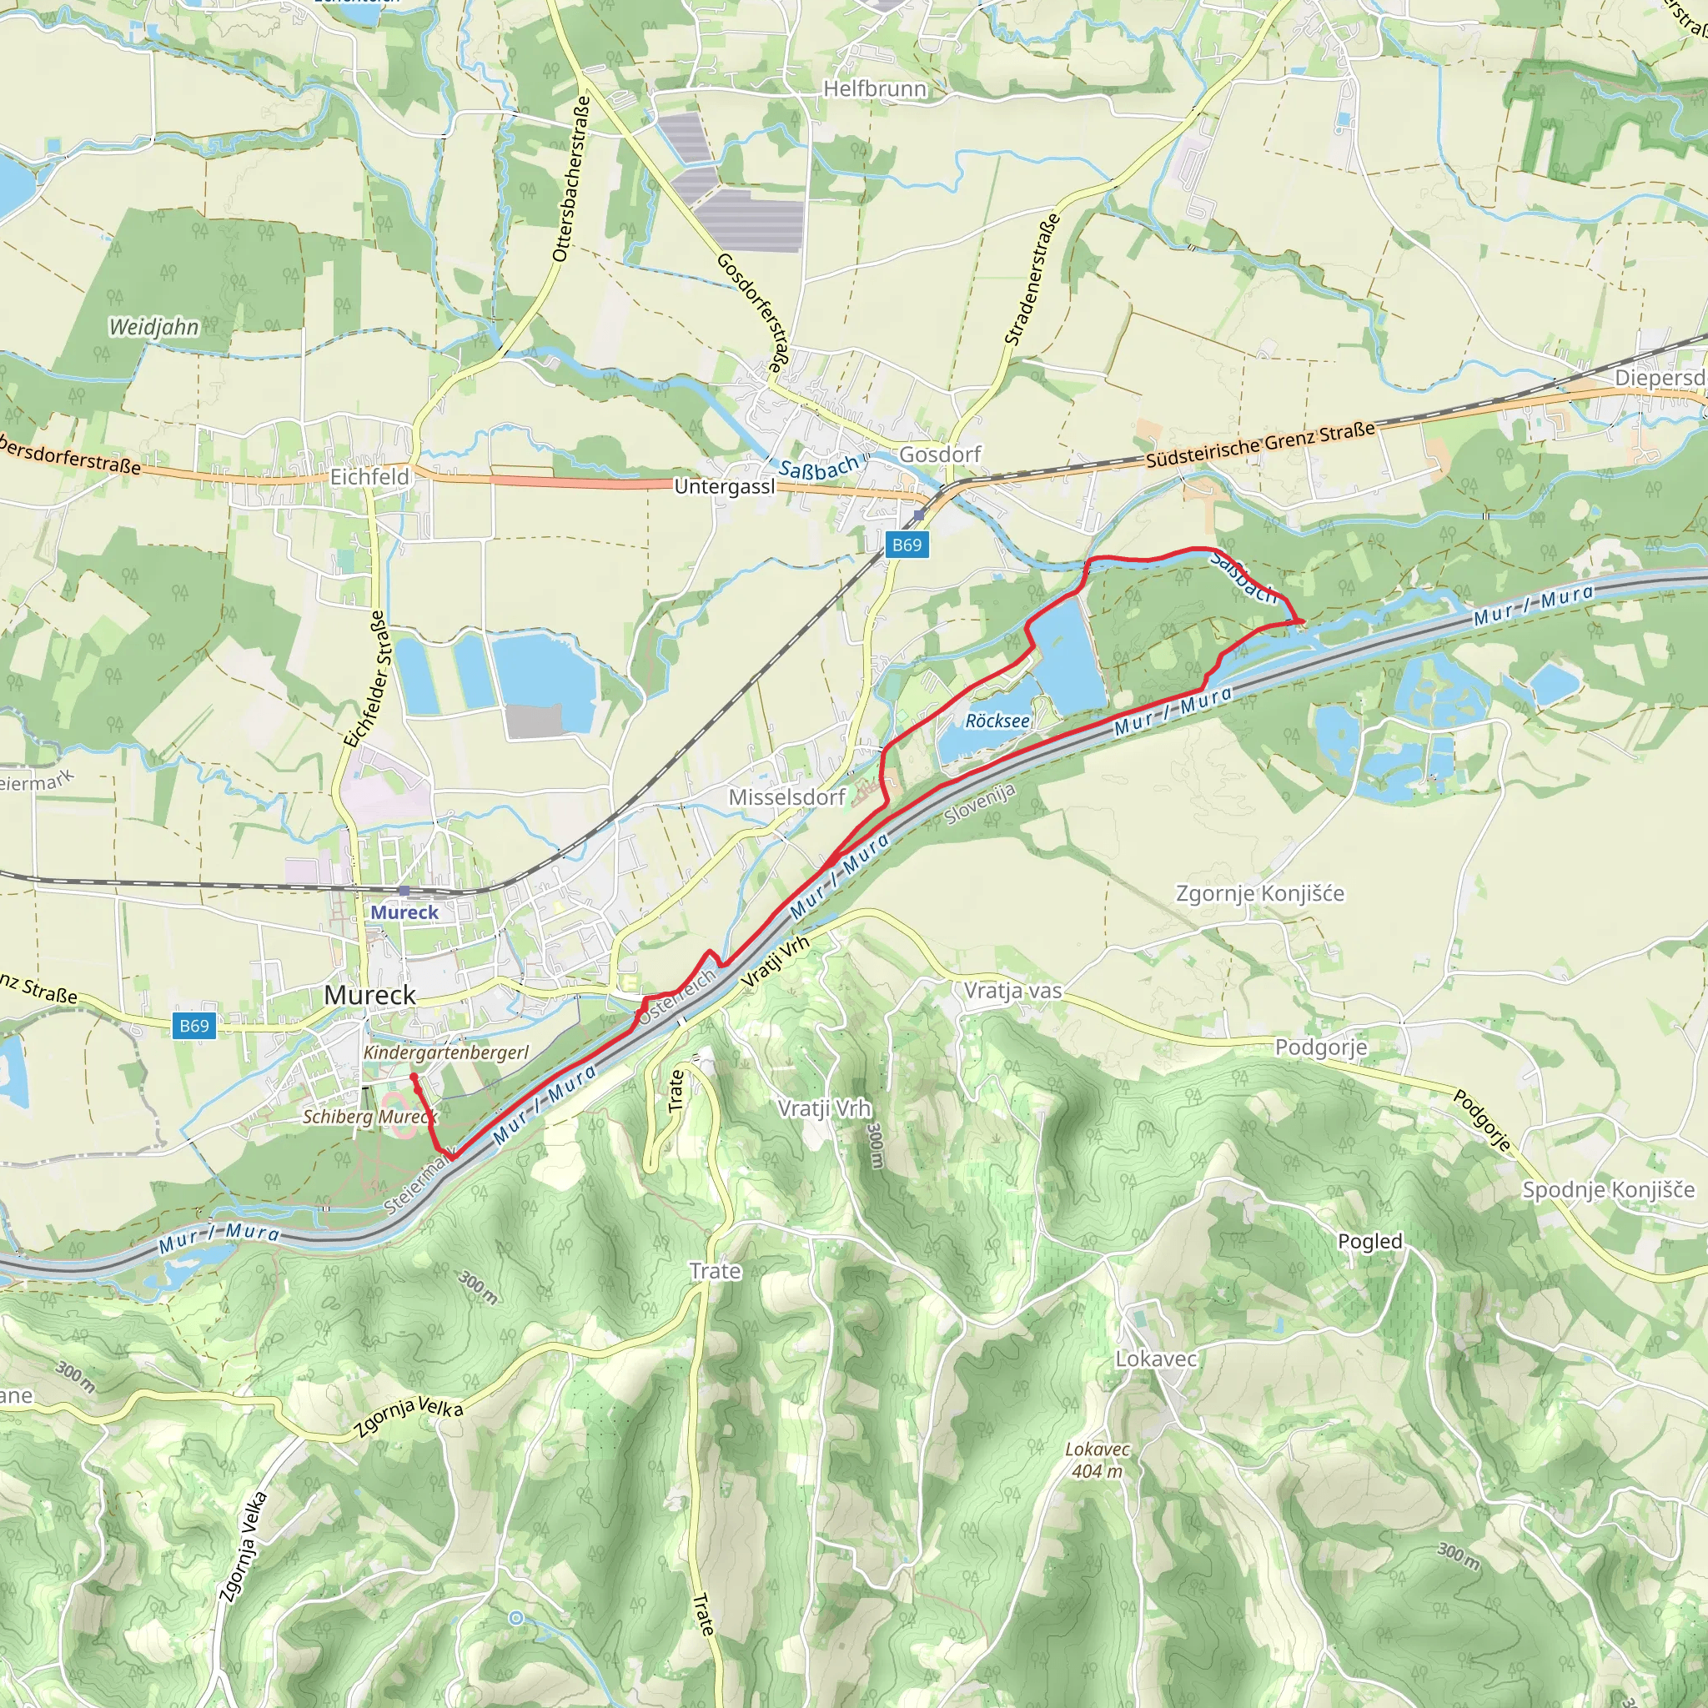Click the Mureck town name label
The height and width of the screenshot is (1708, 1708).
(x=369, y=995)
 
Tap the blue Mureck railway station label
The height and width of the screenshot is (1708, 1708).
(x=404, y=912)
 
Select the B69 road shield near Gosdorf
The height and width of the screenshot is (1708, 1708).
(x=907, y=545)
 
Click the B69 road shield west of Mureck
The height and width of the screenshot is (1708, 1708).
(x=193, y=1026)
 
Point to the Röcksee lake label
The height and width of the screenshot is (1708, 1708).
(x=997, y=721)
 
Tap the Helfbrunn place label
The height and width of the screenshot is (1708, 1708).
(x=874, y=88)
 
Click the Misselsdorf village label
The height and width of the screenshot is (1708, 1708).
(x=786, y=797)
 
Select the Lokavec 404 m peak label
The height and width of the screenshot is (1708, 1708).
(x=1098, y=1460)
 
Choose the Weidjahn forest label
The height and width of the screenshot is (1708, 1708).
(x=153, y=327)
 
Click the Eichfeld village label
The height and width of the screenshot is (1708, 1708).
(x=369, y=476)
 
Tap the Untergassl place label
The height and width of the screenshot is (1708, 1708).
(x=723, y=487)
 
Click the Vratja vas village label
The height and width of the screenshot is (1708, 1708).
(x=1012, y=990)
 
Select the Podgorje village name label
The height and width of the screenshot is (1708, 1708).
(x=1320, y=1047)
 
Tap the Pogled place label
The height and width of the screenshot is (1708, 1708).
(x=1369, y=1241)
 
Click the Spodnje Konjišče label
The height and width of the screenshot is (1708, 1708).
(x=1608, y=1189)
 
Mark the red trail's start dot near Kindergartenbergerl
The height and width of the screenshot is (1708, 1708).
(x=414, y=1076)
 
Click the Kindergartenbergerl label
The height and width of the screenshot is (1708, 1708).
(x=445, y=1052)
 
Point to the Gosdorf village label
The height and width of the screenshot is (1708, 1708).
(x=940, y=455)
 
